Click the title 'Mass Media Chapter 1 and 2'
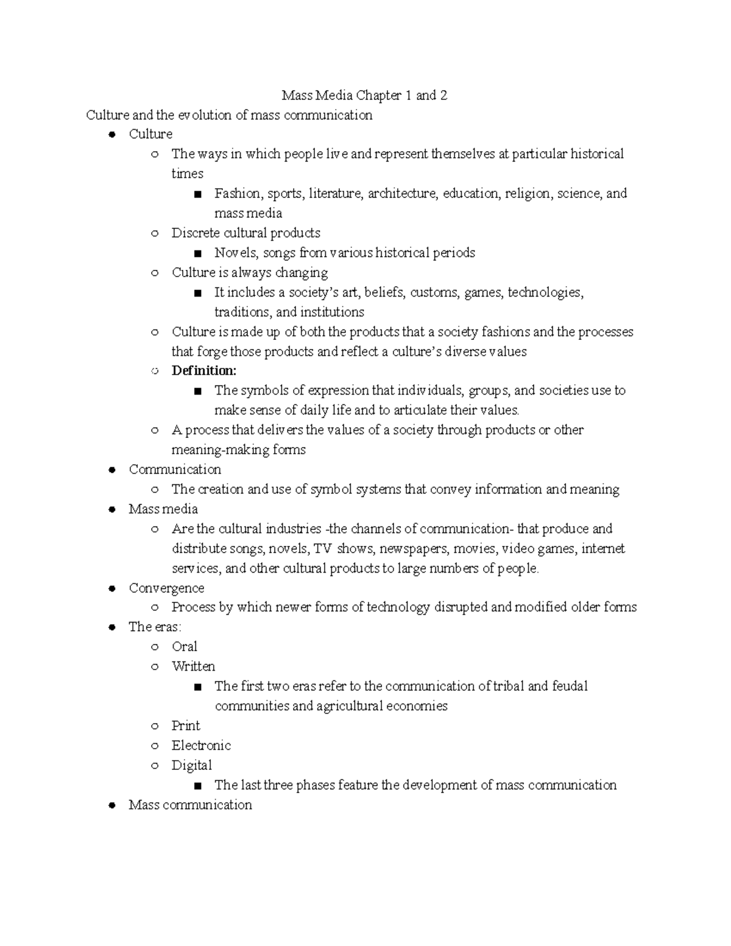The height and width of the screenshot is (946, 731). pos(364,96)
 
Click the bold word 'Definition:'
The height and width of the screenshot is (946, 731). pos(203,371)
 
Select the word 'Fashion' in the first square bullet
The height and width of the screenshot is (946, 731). pos(237,194)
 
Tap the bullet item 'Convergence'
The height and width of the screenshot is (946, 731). pos(166,588)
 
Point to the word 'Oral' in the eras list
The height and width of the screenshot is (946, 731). pos(184,647)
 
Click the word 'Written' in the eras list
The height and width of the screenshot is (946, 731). pos(193,666)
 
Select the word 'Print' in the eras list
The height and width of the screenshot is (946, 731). pos(186,726)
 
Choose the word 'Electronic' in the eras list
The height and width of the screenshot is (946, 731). pos(201,746)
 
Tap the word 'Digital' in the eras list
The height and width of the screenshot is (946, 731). pos(191,766)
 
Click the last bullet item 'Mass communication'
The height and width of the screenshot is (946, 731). pos(190,805)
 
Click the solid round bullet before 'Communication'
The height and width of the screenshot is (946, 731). pos(111,470)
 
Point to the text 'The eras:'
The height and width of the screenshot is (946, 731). pos(155,627)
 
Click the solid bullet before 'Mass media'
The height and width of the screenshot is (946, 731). pos(111,510)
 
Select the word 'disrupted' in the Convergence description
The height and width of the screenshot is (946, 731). pos(461,607)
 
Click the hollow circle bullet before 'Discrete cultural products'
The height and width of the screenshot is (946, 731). pos(155,233)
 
